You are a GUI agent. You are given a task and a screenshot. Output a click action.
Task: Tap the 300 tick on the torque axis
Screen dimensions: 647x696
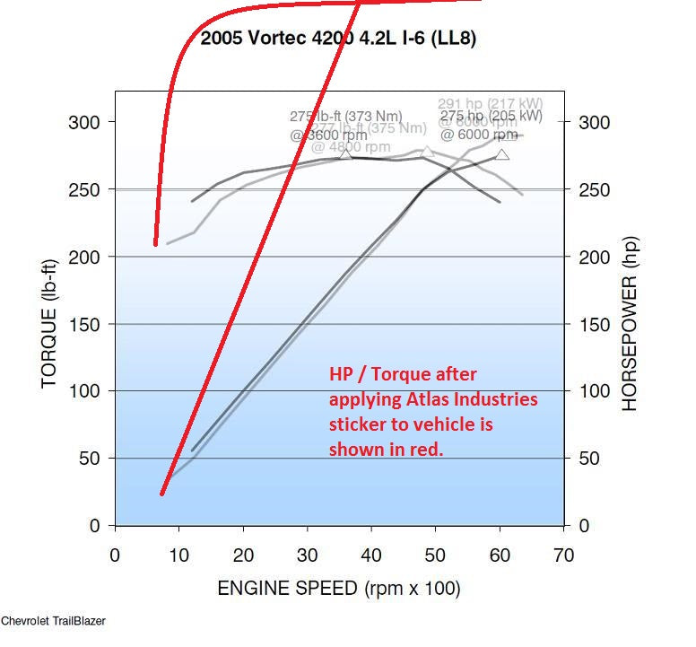86,122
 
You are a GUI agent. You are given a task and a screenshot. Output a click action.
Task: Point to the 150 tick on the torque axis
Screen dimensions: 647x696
86,324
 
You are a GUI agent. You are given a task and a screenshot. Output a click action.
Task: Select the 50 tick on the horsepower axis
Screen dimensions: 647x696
587,459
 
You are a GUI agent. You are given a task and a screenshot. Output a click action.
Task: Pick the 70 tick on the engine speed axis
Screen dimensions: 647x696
564,555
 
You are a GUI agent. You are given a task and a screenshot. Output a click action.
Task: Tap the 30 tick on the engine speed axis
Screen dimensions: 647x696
307,555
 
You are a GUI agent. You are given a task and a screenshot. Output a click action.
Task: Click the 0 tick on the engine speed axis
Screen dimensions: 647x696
114,555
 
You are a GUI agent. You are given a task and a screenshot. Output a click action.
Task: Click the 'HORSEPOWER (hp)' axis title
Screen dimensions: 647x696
630,324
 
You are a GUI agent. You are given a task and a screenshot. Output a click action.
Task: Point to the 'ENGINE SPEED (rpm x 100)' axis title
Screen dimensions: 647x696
339,589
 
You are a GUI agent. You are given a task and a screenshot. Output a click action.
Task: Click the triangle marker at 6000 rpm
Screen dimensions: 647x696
502,154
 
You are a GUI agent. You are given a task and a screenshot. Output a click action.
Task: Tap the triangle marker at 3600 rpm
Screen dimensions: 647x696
346,154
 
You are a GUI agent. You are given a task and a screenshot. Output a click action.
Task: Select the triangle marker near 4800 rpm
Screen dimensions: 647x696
428,152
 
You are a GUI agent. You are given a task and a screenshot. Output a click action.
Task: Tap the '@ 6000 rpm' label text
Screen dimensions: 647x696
478,135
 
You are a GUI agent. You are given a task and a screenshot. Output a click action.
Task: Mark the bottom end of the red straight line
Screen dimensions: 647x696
162,493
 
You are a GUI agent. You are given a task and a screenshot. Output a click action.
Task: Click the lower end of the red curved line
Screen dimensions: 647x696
156,242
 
